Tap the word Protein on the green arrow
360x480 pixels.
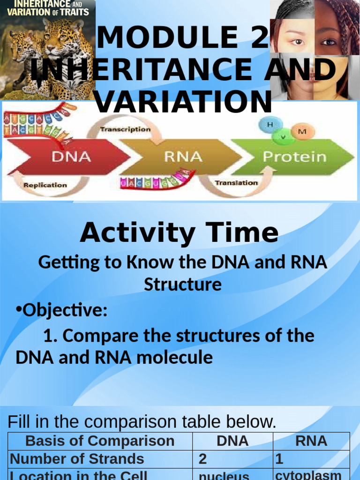pyautogui.click(x=294, y=157)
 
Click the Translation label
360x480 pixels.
pyautogui.click(x=236, y=183)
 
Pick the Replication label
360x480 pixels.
pyautogui.click(x=45, y=185)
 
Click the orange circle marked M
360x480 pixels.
pyautogui.click(x=302, y=131)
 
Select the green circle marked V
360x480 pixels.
pyautogui.click(x=283, y=136)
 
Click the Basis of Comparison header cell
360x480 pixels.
pyautogui.click(x=100, y=441)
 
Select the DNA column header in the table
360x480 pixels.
pyautogui.click(x=232, y=441)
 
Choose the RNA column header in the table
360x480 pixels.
pyautogui.click(x=311, y=441)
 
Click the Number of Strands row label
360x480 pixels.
pyautogui.click(x=77, y=458)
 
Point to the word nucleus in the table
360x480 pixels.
pyautogui.click(x=224, y=475)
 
